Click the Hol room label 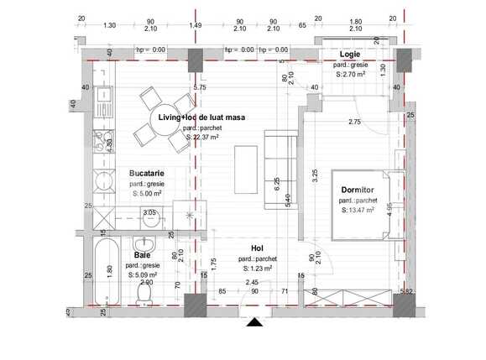tap(258, 248)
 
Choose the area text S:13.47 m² tap(359, 211)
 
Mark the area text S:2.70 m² tap(351, 74)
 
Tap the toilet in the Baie tap(144, 295)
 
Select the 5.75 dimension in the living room tap(199, 87)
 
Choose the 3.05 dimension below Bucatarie tap(149, 213)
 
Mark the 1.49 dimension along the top tap(196, 25)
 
